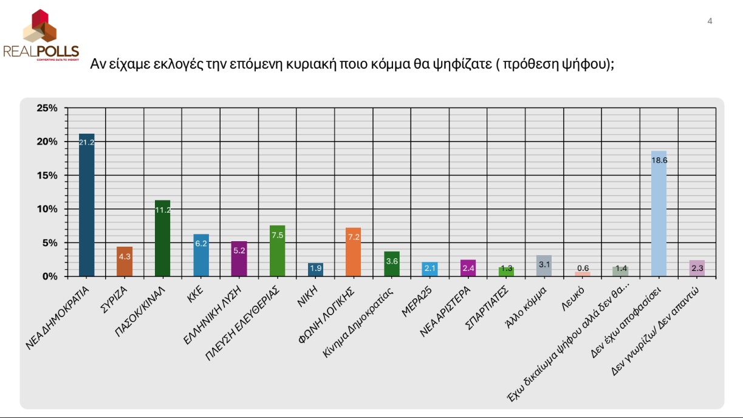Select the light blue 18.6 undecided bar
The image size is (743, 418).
pos(659,213)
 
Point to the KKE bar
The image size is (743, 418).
pos(201,255)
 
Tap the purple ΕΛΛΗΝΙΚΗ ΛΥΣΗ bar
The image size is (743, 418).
pos(239,258)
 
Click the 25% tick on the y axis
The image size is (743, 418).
pos(47,108)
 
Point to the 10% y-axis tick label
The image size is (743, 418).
pos(47,209)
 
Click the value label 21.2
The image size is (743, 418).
pos(87,143)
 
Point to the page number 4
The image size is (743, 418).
pos(710,21)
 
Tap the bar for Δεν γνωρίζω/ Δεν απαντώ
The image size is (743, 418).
pos(697,268)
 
